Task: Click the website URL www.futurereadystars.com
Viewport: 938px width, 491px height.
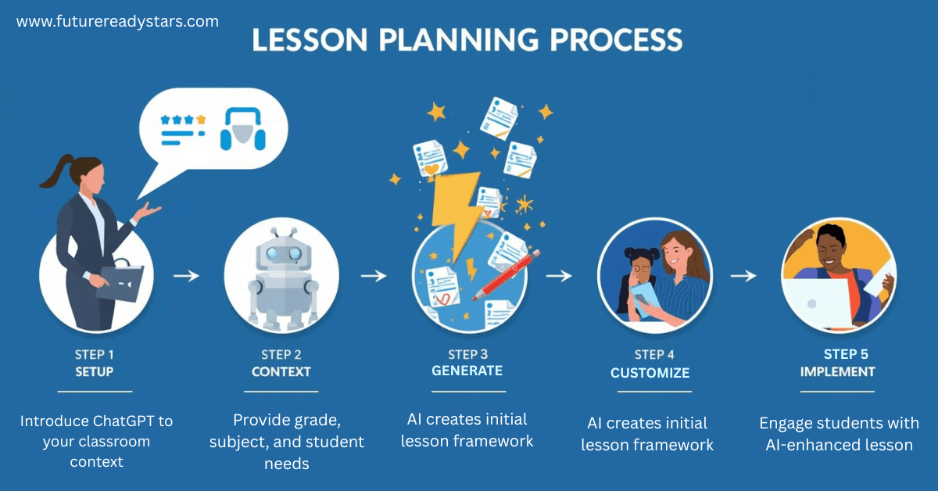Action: click(117, 22)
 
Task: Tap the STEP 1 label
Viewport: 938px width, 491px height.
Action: click(95, 354)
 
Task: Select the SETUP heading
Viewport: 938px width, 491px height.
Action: click(95, 371)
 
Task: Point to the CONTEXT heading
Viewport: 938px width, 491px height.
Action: click(281, 371)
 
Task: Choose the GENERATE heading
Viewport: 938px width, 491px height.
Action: click(467, 371)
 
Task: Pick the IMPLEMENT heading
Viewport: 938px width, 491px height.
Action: click(837, 371)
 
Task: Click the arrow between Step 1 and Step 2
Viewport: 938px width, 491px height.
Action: click(186, 275)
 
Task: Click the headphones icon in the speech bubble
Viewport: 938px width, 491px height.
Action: click(242, 130)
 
